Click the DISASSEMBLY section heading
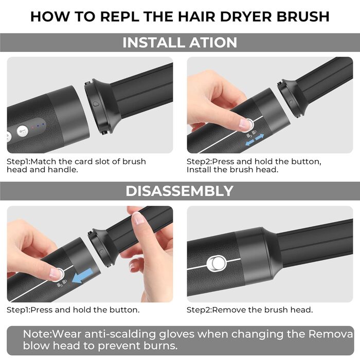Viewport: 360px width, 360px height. (179, 191)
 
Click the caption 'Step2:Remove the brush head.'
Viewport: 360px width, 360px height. (249, 310)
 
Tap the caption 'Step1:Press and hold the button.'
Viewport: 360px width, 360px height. (73, 310)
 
